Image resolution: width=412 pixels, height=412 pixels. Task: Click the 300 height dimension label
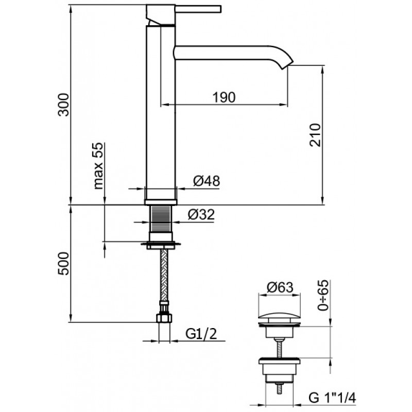click(63, 106)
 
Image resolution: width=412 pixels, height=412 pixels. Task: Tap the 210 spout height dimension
click(316, 135)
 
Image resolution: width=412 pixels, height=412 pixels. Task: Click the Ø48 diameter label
click(207, 181)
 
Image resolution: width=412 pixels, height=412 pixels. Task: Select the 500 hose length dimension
click(63, 264)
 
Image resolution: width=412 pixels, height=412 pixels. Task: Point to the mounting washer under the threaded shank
click(162, 244)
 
